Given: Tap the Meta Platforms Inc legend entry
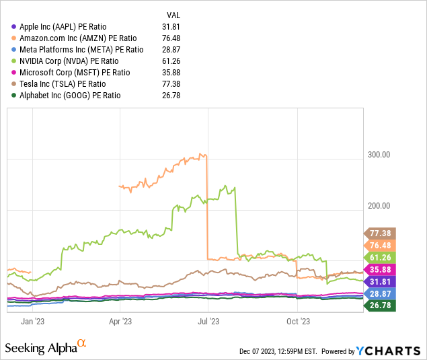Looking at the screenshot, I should (81, 49).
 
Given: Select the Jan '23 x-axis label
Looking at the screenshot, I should (33, 320).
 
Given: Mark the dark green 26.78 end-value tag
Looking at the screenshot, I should (380, 305).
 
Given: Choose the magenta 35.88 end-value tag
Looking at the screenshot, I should (380, 269).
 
